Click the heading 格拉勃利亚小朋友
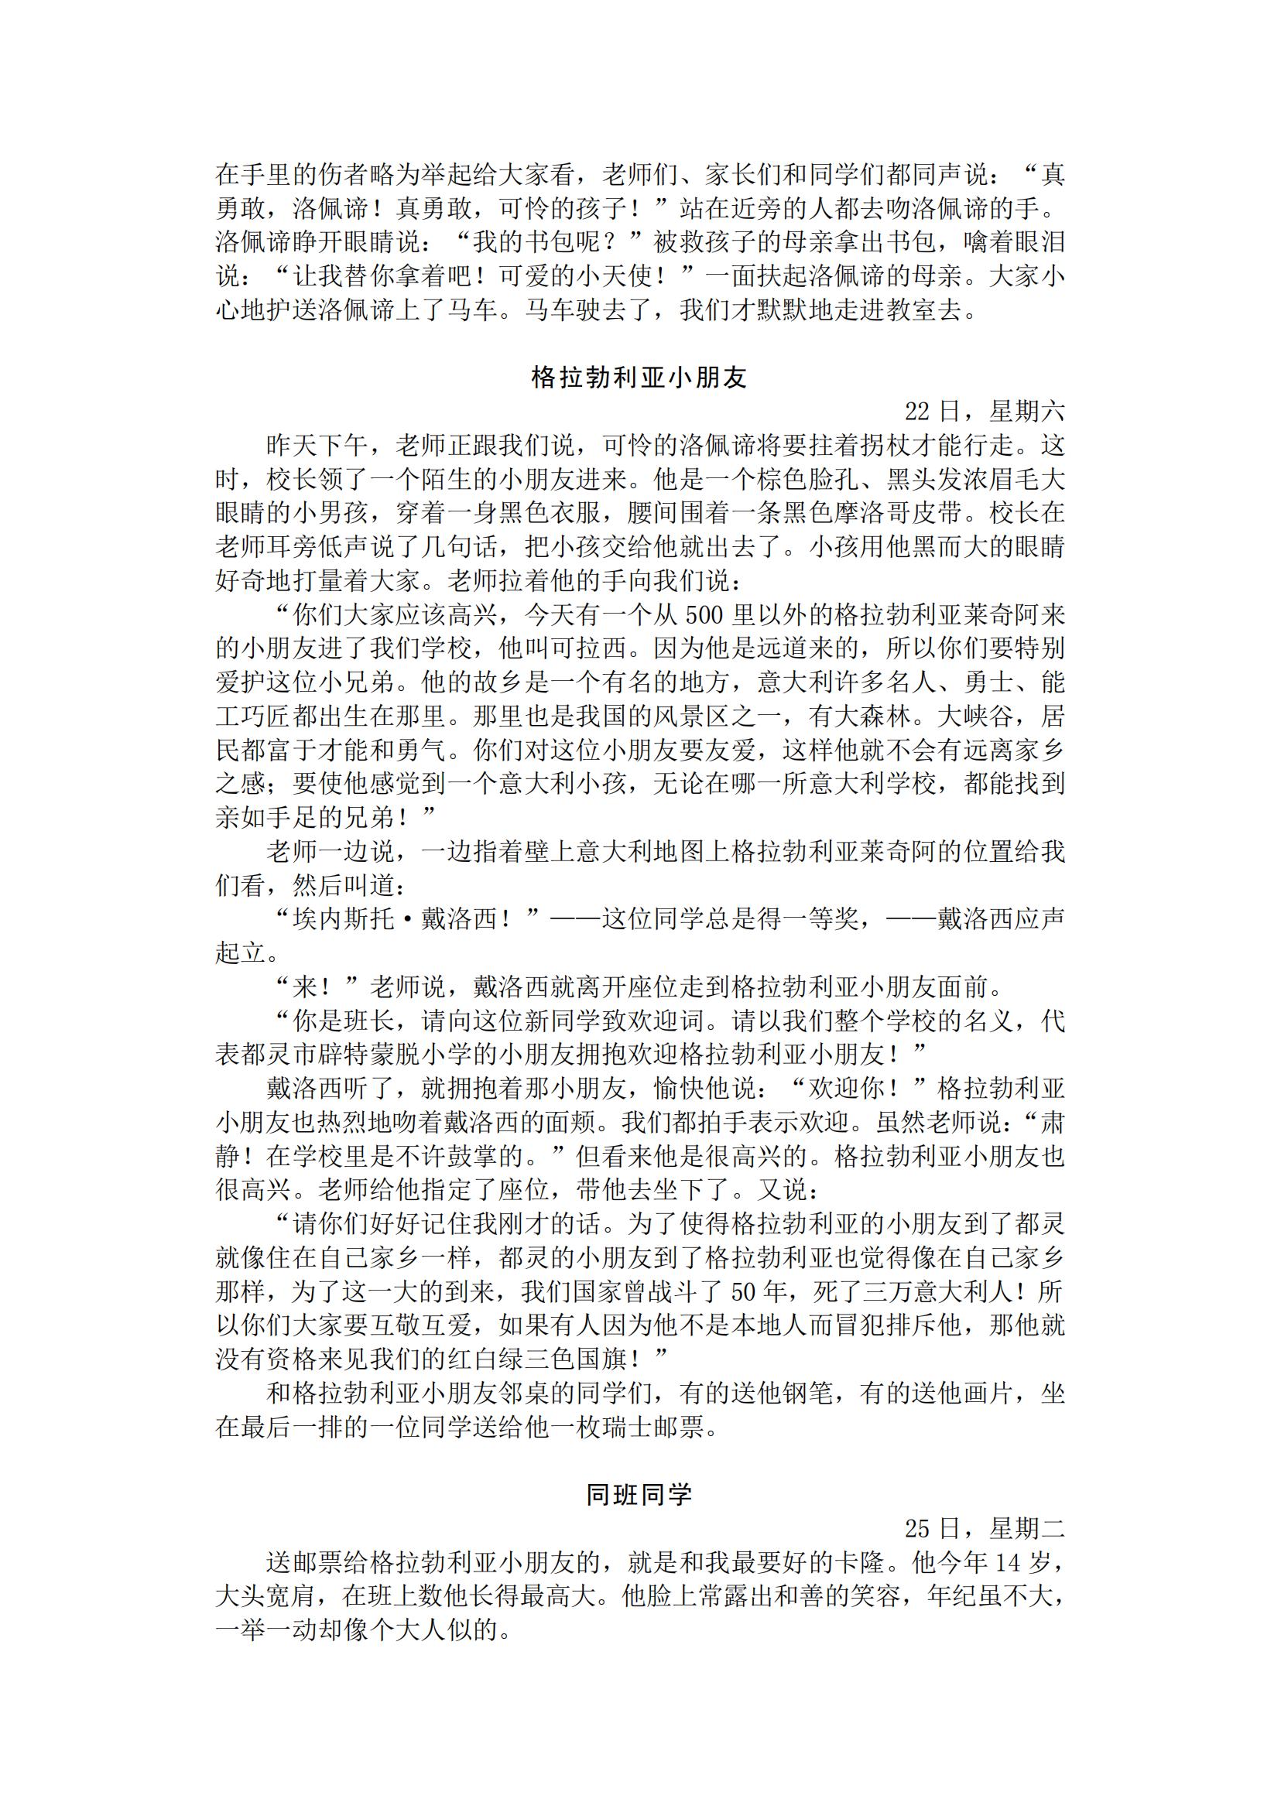(639, 378)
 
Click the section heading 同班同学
(639, 1494)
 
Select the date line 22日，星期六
(985, 412)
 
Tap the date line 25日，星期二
(985, 1528)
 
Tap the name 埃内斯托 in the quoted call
(343, 918)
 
